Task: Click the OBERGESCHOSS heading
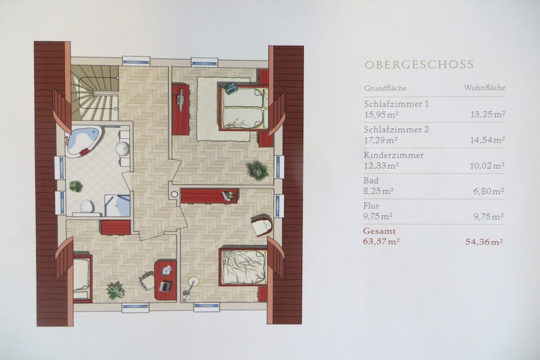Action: click(x=419, y=65)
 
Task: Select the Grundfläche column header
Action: click(x=385, y=88)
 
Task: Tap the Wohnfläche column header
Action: click(x=485, y=87)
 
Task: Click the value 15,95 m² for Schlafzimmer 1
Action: click(x=381, y=114)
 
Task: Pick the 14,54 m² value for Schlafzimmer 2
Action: click(x=488, y=140)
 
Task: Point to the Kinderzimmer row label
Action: click(x=393, y=155)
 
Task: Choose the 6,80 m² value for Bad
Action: click(x=489, y=191)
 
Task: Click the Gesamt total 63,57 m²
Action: click(x=381, y=241)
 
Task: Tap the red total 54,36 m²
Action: click(x=484, y=242)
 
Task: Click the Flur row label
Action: click(x=371, y=206)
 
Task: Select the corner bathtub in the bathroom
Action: click(x=83, y=142)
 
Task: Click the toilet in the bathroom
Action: click(x=86, y=207)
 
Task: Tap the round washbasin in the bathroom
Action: click(x=122, y=149)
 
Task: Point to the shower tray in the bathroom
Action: click(x=118, y=206)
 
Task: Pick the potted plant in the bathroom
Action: click(x=76, y=186)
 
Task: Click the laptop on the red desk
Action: click(x=166, y=286)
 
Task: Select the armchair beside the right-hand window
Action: click(x=262, y=225)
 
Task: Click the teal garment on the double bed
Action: click(x=229, y=88)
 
